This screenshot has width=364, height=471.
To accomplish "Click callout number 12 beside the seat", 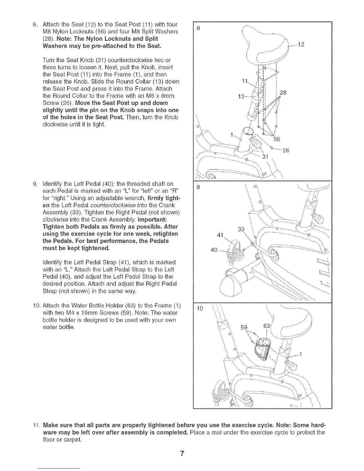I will click(301, 45).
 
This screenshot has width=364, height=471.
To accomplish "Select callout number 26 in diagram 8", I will click(286, 150).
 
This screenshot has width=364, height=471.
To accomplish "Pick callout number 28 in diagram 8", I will click(283, 92).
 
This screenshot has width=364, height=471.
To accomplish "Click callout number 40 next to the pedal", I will click(214, 250).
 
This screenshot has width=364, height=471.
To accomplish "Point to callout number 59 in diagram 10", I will click(244, 328).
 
